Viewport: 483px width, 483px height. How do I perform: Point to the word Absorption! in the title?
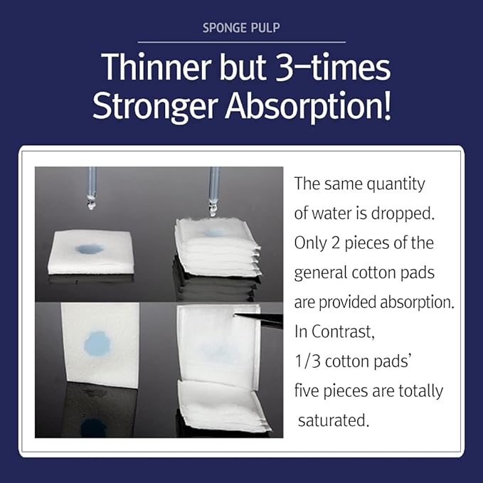tap(311, 107)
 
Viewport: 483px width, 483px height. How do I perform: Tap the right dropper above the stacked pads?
tap(213, 192)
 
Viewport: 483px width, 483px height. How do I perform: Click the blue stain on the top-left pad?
tap(90, 249)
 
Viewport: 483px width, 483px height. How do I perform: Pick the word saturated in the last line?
tap(334, 420)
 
